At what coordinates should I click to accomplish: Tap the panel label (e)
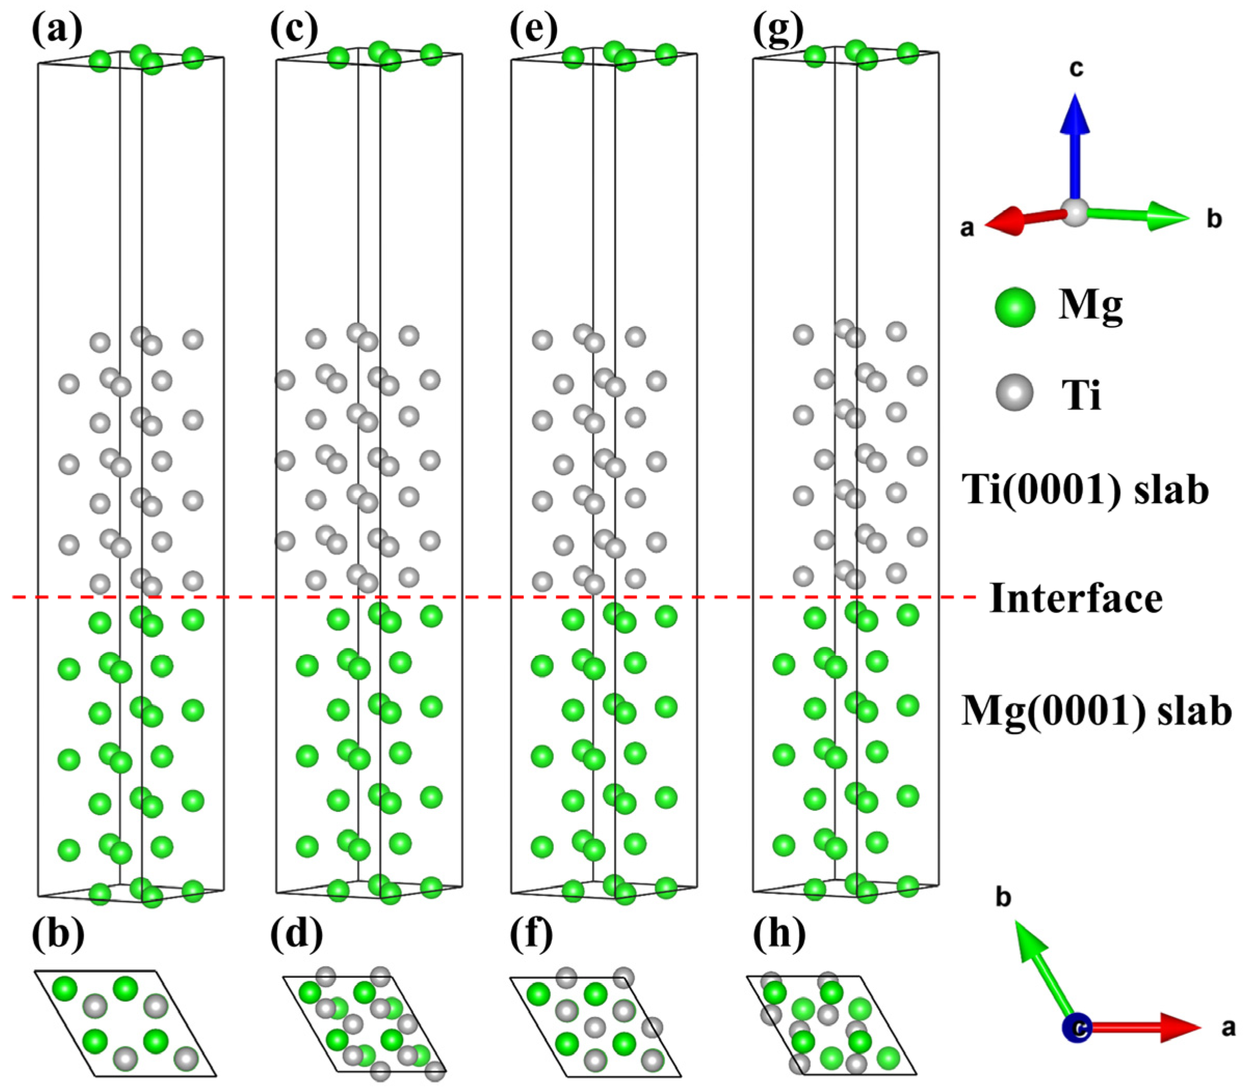pos(533,29)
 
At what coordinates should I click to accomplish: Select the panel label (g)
pos(777,29)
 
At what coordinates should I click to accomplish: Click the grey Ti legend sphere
pos(1015,392)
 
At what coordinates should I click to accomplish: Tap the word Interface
pos(1076,598)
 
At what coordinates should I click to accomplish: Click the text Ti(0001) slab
pos(1084,490)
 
